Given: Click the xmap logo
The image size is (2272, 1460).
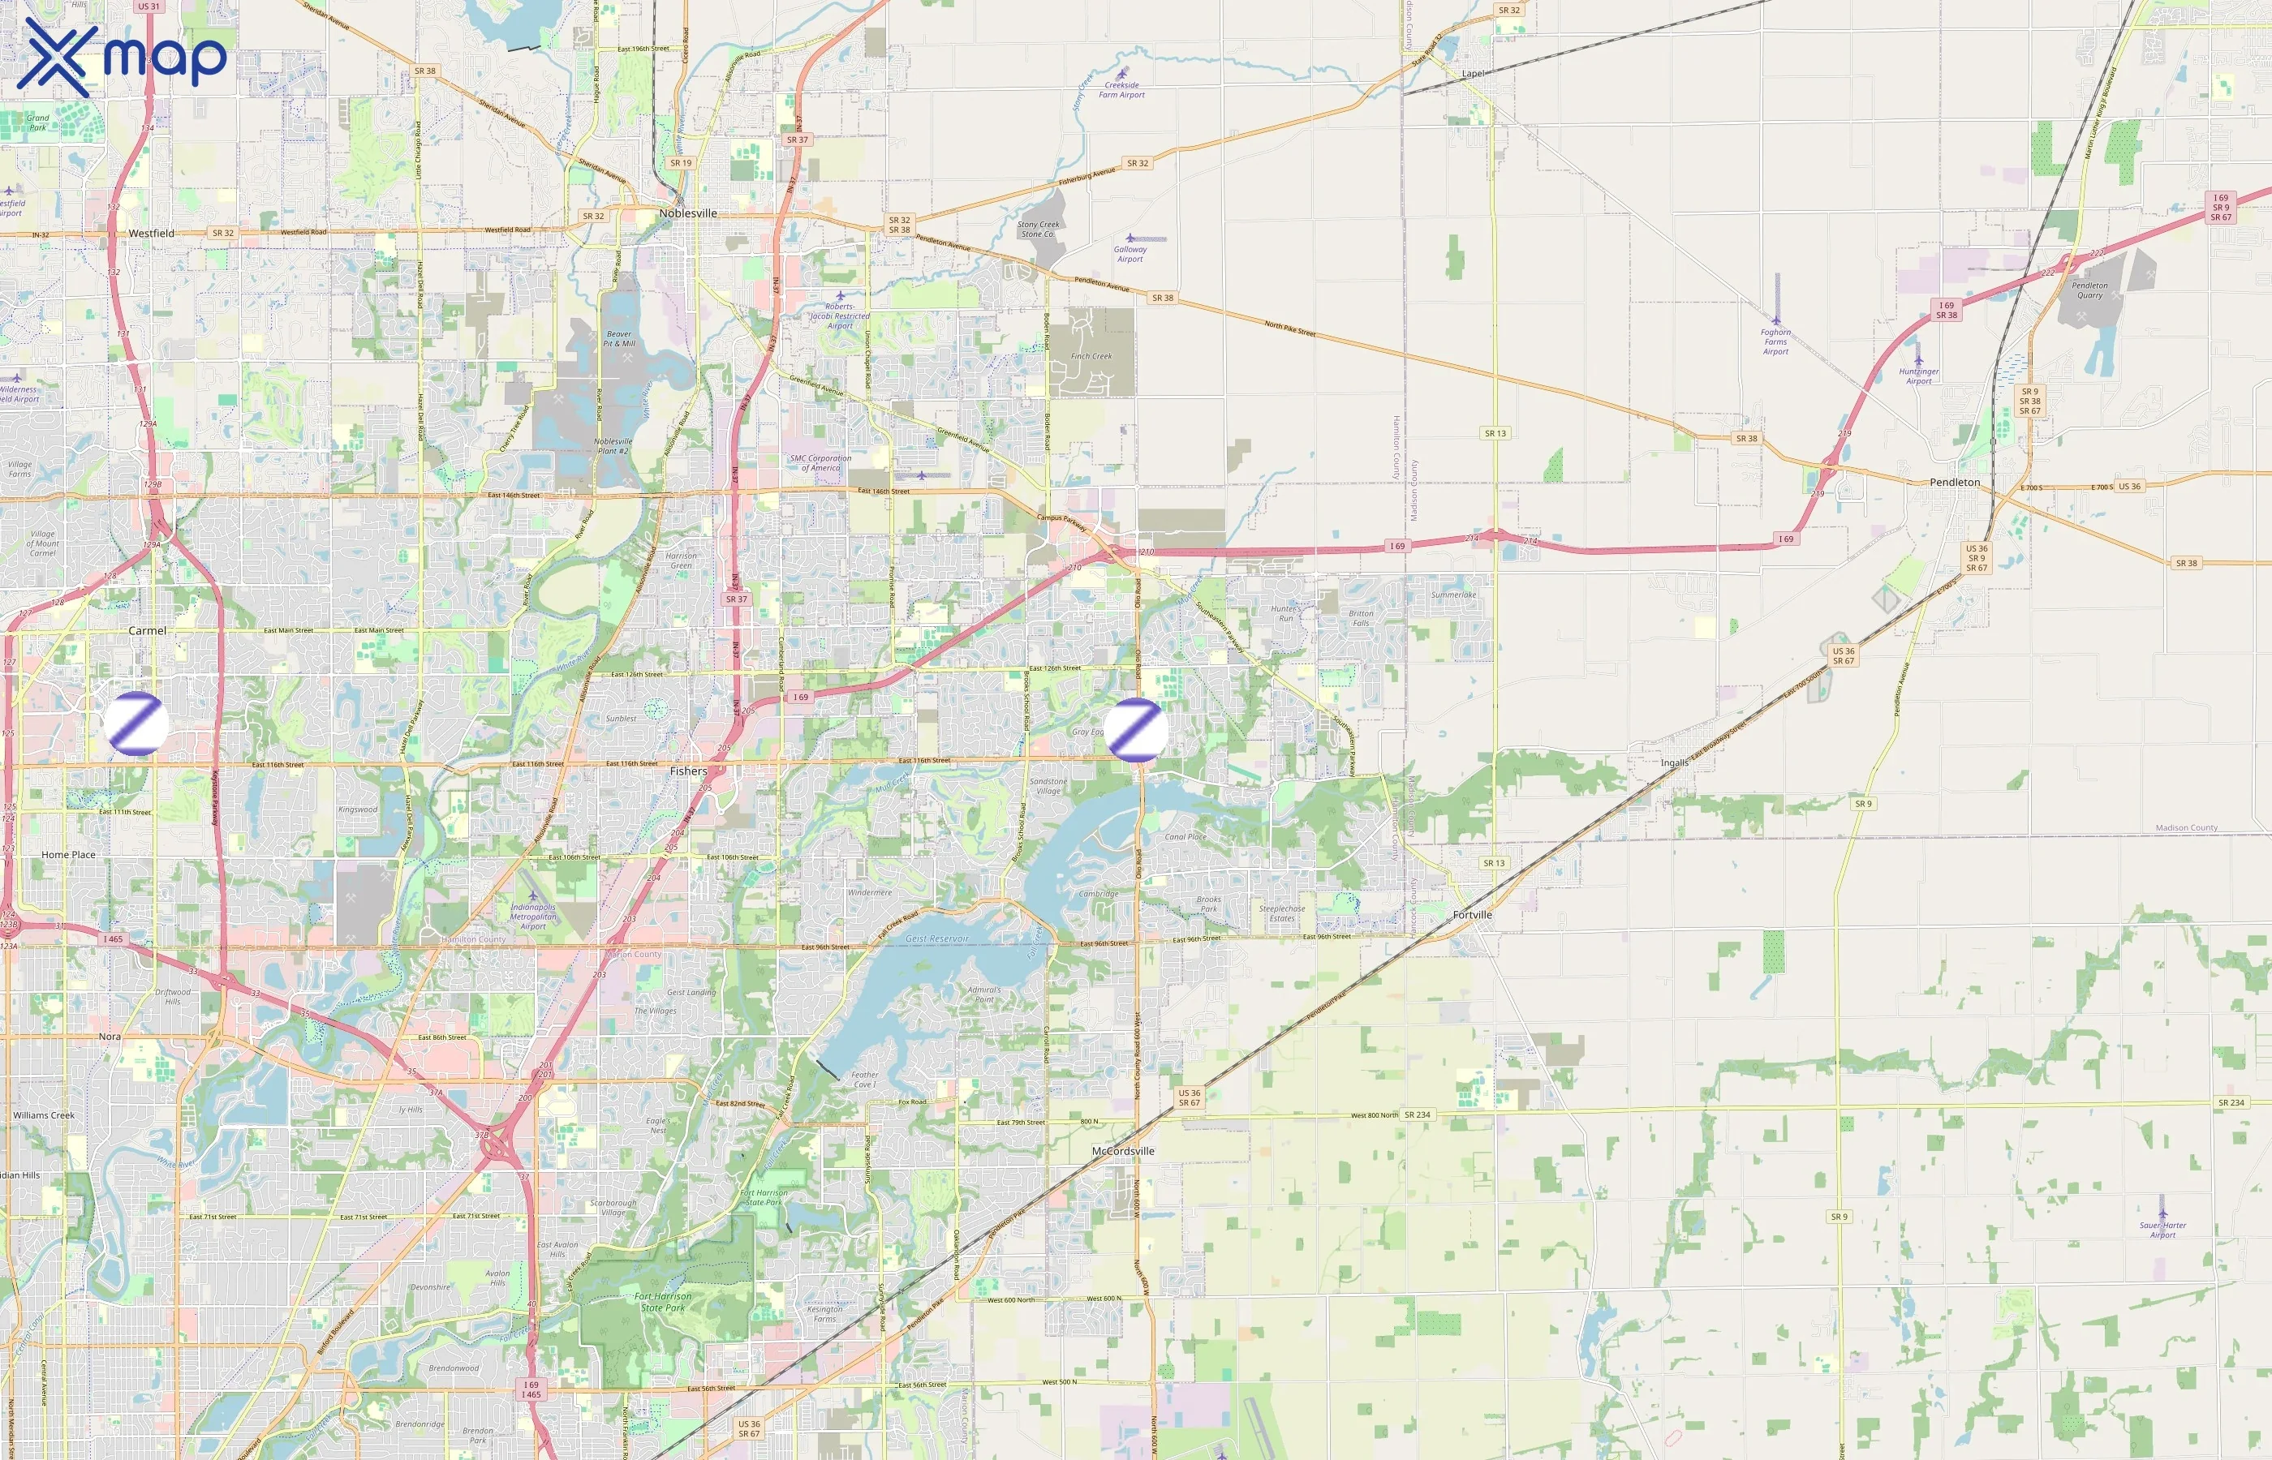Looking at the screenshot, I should tap(122, 57).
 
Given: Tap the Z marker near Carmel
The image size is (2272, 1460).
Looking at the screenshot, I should tap(136, 724).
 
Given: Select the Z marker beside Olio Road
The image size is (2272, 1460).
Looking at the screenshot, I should tap(1136, 729).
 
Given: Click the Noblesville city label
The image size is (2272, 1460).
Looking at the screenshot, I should tap(687, 213).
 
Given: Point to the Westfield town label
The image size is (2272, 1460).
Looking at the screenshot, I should tap(152, 234).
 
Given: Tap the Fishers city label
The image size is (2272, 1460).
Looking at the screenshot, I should tap(688, 771).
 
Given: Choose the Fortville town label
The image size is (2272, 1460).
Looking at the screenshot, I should tap(1472, 915).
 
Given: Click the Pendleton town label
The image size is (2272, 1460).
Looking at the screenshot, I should tap(1955, 483).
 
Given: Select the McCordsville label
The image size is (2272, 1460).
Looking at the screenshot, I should tap(1123, 1151).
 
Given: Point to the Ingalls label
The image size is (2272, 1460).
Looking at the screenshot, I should tap(1674, 762).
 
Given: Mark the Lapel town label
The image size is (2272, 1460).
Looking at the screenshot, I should tap(1473, 73).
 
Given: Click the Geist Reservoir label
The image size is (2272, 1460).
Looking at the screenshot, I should tap(937, 938).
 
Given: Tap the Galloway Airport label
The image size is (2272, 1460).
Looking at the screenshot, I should tap(1130, 254).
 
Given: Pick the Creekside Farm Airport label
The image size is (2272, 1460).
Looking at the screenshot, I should tap(1121, 89).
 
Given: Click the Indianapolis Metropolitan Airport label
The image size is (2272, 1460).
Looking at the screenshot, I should tap(533, 916).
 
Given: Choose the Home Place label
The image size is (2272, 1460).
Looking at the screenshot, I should tap(68, 854).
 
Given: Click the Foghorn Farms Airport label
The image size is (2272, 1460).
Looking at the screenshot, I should tap(1775, 341).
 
